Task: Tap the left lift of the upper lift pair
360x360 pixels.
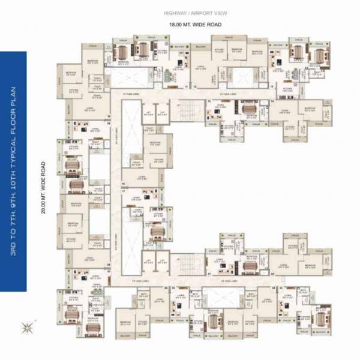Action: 147,112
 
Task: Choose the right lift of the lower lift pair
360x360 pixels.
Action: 162,259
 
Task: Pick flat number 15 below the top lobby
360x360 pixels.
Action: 209,102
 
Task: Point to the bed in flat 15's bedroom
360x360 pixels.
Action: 248,109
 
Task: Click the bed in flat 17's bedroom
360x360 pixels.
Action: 157,230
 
